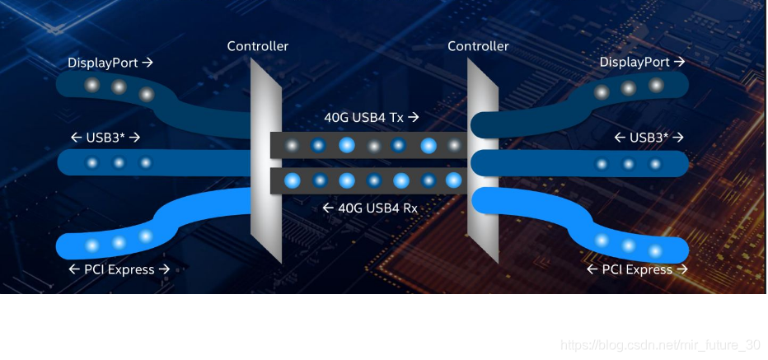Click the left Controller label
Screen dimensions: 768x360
click(x=258, y=46)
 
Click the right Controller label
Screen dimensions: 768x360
click(x=478, y=46)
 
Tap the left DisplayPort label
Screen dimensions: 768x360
click(x=110, y=63)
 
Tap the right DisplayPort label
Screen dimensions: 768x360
click(x=642, y=63)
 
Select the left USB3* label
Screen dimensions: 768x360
click(x=105, y=138)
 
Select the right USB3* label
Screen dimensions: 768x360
click(x=649, y=138)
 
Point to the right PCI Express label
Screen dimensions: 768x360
click(x=637, y=269)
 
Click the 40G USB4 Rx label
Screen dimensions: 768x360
click(x=370, y=208)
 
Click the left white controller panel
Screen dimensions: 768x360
click(x=265, y=165)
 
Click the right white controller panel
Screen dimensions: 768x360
click(x=482, y=165)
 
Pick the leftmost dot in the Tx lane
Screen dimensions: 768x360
click(x=292, y=146)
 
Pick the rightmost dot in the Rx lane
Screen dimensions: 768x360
click(x=454, y=180)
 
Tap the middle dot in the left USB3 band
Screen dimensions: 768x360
click(x=119, y=162)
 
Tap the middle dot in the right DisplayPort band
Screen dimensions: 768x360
click(x=629, y=88)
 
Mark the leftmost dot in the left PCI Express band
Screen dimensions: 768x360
click(x=91, y=245)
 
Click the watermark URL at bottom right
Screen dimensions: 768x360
click(x=660, y=344)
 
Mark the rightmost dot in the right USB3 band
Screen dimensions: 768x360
click(x=655, y=164)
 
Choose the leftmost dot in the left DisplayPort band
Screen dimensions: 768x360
click(x=91, y=84)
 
